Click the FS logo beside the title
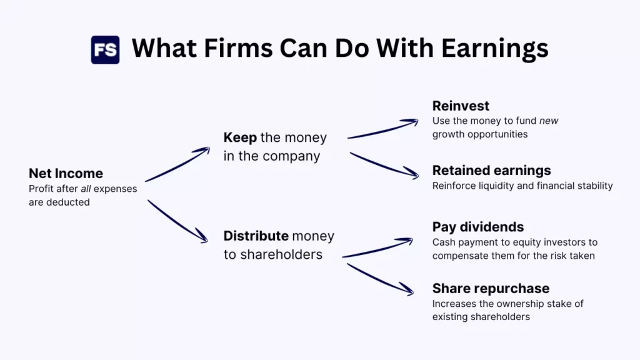tap(105, 50)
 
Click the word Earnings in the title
tap(495, 49)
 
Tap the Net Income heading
tap(66, 174)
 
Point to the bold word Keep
tap(240, 138)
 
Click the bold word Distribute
tap(256, 236)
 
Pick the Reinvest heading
tap(461, 106)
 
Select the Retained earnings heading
tap(491, 171)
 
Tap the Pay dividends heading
tap(478, 227)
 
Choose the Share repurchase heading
tap(491, 289)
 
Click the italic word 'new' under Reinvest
tap(549, 121)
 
